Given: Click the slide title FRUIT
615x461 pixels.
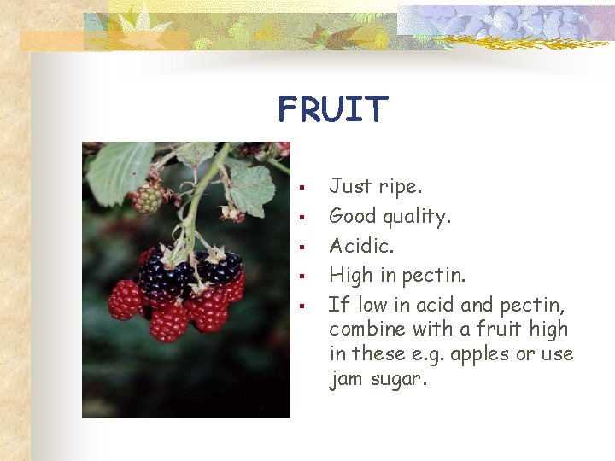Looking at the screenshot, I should pos(332,109).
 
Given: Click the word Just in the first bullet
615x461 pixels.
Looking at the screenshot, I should pos(351,186).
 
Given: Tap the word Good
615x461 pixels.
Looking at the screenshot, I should pos(354,217).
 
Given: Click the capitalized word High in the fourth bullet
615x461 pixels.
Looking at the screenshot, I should pos(350,276).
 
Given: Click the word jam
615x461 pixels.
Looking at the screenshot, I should pos(347,380).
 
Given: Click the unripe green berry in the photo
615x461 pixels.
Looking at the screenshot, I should pos(147,199).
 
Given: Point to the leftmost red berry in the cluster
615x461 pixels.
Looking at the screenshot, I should pos(125,301).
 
